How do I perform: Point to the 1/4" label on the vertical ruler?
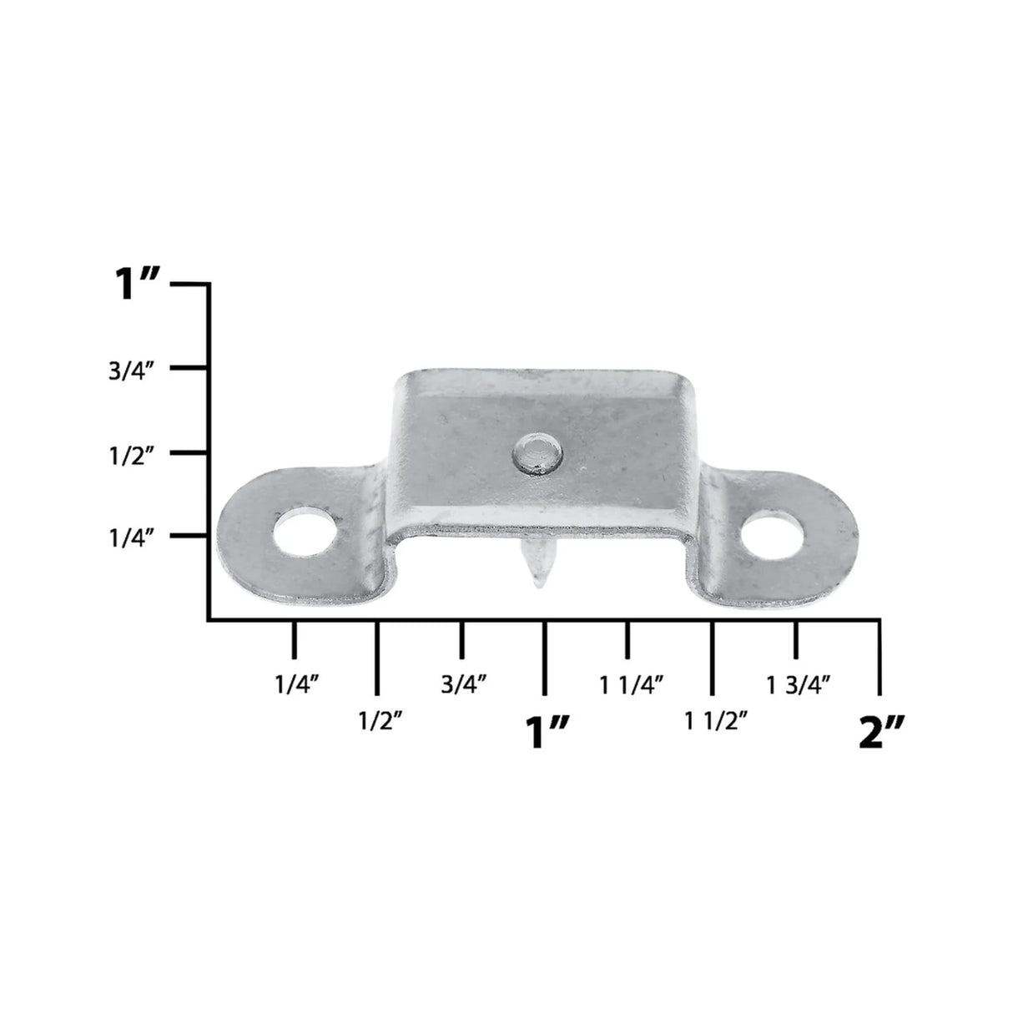132,539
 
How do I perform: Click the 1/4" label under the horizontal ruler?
297,685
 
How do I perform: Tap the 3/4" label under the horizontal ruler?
464,685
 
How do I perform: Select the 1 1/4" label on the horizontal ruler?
631,685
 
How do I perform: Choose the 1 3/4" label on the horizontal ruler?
799,685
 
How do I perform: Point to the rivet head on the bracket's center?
537,454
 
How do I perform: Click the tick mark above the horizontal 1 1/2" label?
712,656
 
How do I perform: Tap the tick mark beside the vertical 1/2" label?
189,452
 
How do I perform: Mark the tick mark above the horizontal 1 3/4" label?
796,639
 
